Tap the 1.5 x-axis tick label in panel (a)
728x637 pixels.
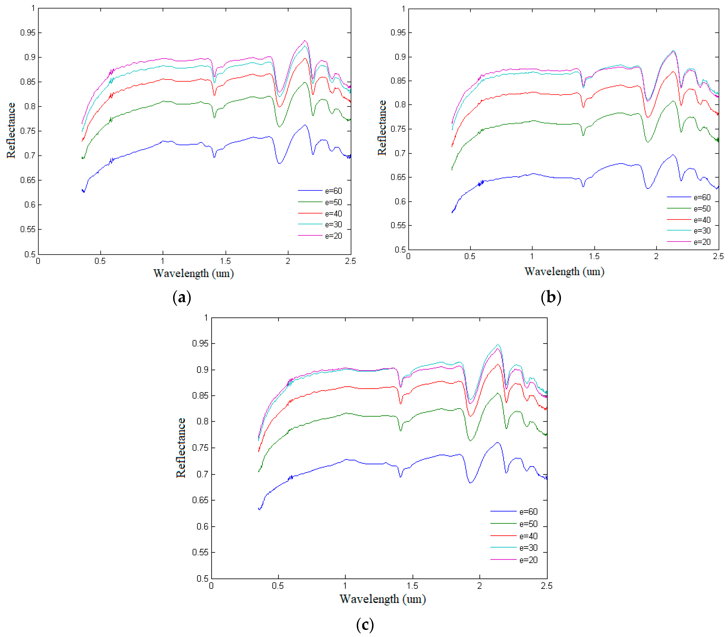click(x=225, y=261)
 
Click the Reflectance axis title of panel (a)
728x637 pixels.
click(x=11, y=130)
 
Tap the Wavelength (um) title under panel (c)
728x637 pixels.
click(x=382, y=599)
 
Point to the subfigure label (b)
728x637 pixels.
click(x=551, y=297)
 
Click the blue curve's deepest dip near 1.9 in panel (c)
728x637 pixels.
click(x=470, y=483)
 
